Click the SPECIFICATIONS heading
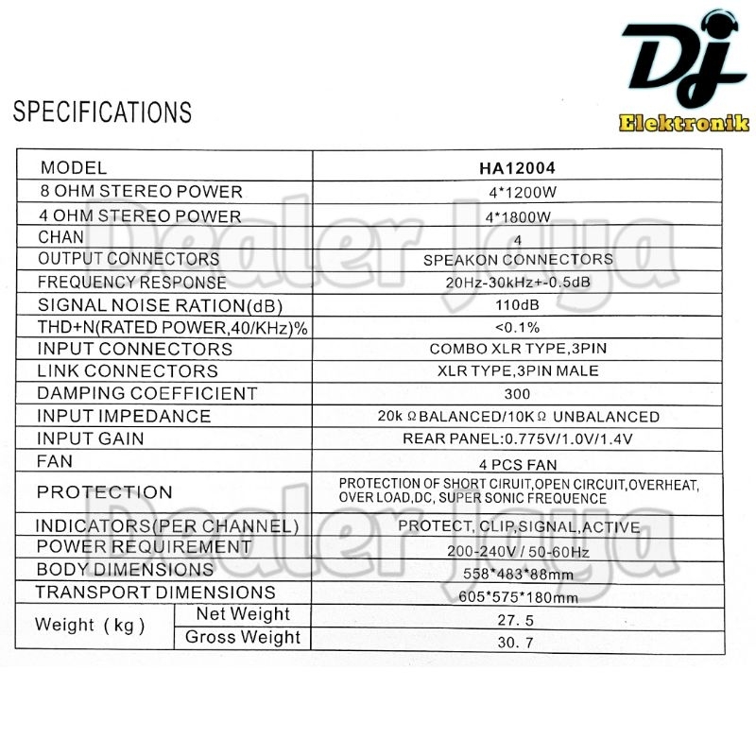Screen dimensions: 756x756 point(102,112)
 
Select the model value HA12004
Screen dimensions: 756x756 point(517,168)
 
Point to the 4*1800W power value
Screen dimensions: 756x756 point(517,216)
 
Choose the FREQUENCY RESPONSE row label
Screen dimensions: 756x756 point(132,283)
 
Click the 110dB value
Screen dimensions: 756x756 point(517,304)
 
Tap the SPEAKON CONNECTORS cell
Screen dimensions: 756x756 point(517,259)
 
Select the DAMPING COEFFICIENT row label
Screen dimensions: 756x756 point(146,393)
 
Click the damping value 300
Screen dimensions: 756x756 point(517,393)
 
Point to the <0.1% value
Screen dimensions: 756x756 point(517,327)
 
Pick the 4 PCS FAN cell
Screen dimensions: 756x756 point(517,464)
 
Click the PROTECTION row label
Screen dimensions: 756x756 point(104,491)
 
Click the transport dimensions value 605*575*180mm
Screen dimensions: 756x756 point(517,596)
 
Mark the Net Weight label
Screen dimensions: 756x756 point(243,614)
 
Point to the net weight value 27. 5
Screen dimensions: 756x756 point(517,619)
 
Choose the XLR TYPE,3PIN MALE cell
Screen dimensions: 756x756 point(517,370)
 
